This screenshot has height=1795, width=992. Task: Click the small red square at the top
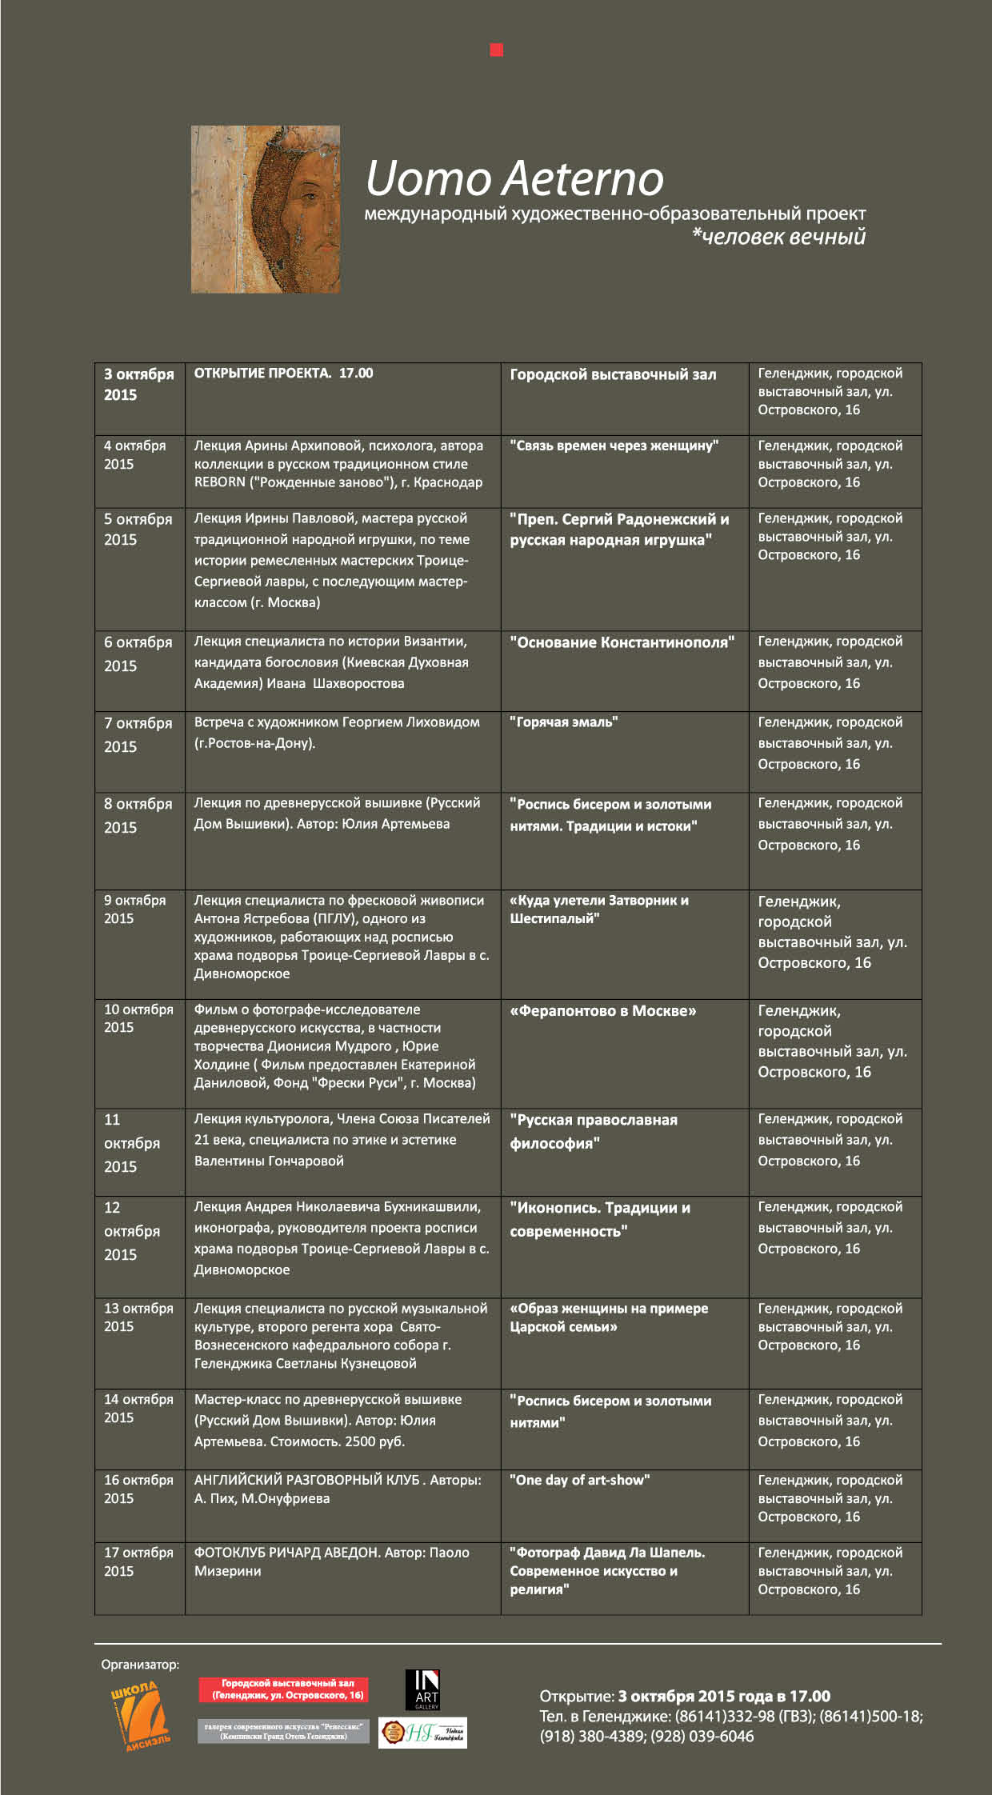tap(496, 50)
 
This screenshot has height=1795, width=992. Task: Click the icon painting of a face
tap(266, 209)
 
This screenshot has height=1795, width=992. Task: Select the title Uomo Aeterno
tap(514, 178)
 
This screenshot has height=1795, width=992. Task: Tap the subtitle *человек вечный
tap(778, 237)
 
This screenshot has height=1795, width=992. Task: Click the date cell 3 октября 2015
tap(138, 385)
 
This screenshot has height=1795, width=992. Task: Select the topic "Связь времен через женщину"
tap(614, 446)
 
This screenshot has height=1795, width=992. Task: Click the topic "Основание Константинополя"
tap(622, 642)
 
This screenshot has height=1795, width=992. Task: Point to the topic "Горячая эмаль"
tap(563, 722)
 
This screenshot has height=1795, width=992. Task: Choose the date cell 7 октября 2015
tap(138, 734)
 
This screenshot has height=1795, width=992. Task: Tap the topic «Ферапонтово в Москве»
tap(602, 1011)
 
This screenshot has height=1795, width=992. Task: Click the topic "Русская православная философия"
tap(593, 1131)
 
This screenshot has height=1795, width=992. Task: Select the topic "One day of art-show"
tap(579, 1480)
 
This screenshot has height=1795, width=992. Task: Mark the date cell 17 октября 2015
tap(138, 1561)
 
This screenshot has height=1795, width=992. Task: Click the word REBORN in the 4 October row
tap(219, 482)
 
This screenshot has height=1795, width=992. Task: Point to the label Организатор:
tap(140, 1665)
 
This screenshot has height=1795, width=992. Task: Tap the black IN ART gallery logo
tap(422, 1689)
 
